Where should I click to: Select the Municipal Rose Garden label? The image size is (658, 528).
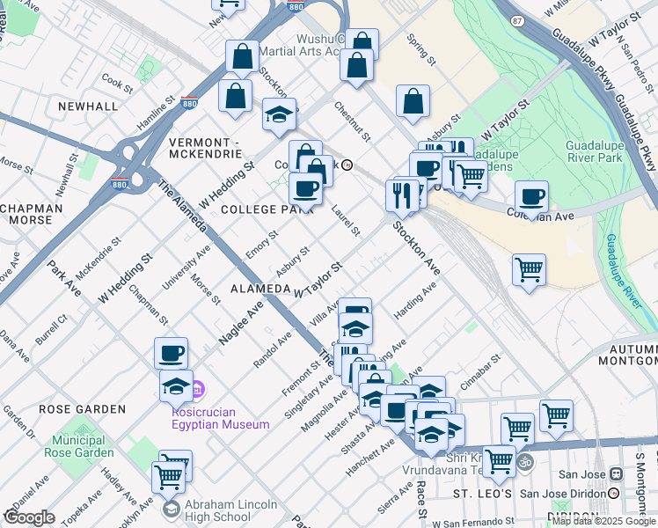tap(82, 446)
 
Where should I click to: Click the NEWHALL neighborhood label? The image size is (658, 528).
tap(88, 106)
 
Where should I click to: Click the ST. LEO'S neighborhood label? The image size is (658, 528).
tap(482, 495)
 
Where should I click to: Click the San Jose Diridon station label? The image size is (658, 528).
tap(562, 493)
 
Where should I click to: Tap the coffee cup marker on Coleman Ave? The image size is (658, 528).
tap(531, 196)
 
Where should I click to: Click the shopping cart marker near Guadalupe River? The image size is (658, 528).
tap(529, 269)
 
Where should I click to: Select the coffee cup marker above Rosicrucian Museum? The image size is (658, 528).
tap(172, 354)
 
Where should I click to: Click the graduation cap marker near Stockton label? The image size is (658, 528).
tap(280, 115)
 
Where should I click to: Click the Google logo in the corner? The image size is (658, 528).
tap(29, 517)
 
